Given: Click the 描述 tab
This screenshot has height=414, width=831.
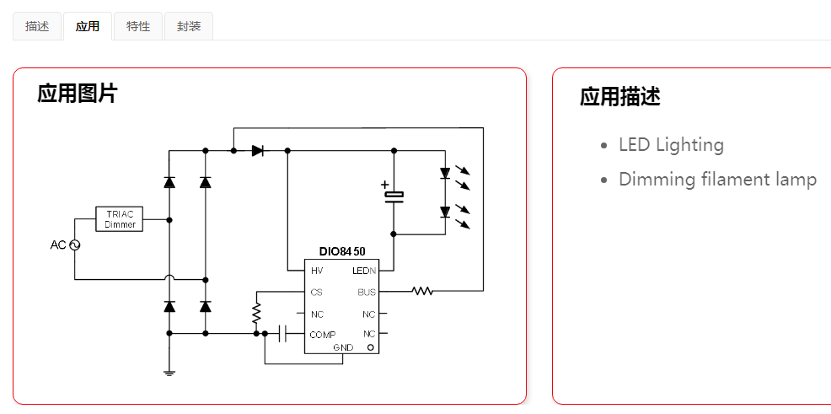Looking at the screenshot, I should [x=37, y=26].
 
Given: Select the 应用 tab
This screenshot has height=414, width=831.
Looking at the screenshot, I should [x=88, y=26].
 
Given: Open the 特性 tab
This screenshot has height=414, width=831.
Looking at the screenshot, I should [x=138, y=26].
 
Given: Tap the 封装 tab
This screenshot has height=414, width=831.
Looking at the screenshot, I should [x=189, y=26].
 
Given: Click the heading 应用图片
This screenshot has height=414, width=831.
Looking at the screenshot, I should [x=78, y=94].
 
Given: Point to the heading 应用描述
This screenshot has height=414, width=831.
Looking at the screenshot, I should [x=620, y=97].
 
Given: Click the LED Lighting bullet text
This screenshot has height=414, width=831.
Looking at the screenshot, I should [x=671, y=145].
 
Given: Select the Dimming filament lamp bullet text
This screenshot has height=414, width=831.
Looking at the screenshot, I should [x=717, y=180].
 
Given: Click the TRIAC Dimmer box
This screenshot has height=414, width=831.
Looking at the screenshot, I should [x=120, y=219].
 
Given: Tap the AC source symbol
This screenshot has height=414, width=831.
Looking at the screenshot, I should [x=73, y=245].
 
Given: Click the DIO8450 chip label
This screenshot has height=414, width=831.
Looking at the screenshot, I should [x=342, y=251].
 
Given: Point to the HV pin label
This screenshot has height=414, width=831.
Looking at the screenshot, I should [x=317, y=272].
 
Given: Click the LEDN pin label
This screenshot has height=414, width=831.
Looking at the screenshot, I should [x=364, y=272].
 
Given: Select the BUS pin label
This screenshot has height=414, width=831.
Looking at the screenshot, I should [x=367, y=293].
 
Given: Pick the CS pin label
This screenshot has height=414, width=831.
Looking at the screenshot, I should [x=316, y=293].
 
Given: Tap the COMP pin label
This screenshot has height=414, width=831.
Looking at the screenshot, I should [x=322, y=335].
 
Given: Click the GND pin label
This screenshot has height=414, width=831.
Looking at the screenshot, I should [x=343, y=347].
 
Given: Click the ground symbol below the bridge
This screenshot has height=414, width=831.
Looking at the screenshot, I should [x=169, y=372].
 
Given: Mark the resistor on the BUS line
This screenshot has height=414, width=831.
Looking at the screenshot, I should [x=422, y=291].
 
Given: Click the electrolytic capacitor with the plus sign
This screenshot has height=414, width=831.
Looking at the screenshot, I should [x=394, y=196].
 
